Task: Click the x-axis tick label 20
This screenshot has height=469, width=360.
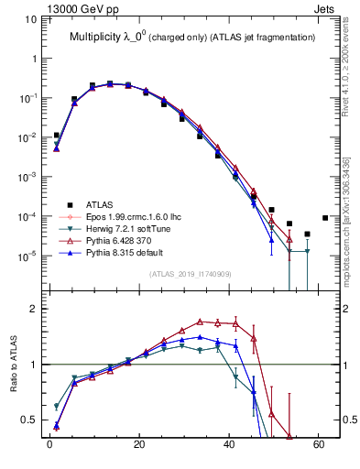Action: tap(138, 447)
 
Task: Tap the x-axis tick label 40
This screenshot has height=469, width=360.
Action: tap(228, 447)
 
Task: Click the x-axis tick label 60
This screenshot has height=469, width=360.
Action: tap(318, 447)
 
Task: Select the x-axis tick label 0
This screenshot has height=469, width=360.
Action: tap(49, 447)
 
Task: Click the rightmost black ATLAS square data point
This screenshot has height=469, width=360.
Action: tap(325, 218)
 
